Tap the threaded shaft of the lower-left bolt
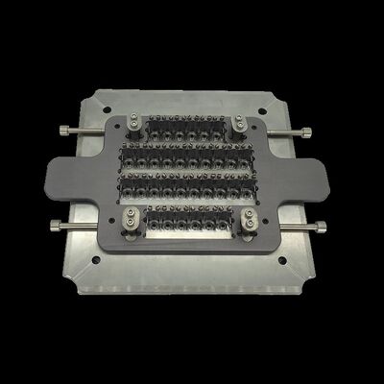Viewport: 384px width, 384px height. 86,227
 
